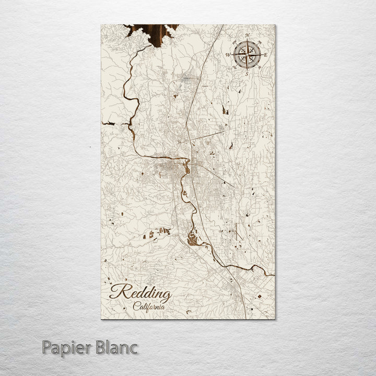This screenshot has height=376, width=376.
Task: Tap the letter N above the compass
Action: click(x=247, y=36)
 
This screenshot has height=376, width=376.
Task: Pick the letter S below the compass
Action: click(x=246, y=73)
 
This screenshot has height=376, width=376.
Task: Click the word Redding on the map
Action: click(x=140, y=295)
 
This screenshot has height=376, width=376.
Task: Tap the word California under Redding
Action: click(x=149, y=307)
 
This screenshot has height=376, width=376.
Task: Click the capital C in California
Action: click(x=135, y=307)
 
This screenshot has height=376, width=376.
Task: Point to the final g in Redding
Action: click(x=167, y=297)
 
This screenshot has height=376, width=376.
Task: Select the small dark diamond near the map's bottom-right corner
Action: click(x=260, y=297)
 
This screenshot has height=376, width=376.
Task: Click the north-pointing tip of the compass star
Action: click(x=247, y=41)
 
